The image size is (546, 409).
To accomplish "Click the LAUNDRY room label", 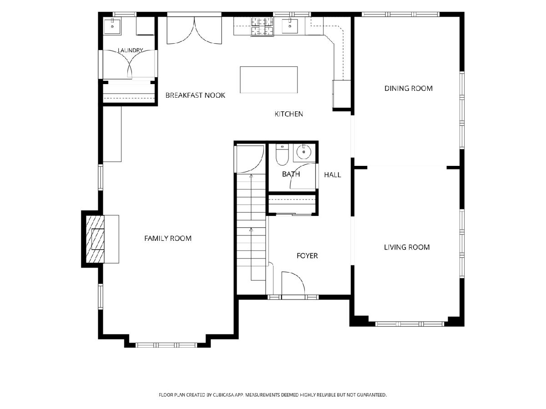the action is tap(130, 50).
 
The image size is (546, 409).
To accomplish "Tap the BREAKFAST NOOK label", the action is tap(195, 95).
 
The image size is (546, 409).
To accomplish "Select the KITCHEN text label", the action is tap(289, 114).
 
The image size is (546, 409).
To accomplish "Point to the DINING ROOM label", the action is tap(409, 89).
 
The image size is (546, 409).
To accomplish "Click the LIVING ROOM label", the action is tap(407, 247).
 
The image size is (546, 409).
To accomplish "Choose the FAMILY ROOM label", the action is tap(168, 239).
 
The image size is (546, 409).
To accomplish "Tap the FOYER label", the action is tap(307, 255).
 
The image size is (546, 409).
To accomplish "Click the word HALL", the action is tap(332, 175).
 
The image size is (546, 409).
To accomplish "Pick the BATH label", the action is tap(291, 174).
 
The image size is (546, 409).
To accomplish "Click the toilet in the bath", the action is tap(282, 155).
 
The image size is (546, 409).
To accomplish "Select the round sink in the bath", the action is tap(304, 151).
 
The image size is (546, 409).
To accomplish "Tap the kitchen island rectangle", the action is tap(268, 80).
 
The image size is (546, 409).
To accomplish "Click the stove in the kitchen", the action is tap(263, 26).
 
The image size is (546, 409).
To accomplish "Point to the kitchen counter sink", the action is tap(290, 25).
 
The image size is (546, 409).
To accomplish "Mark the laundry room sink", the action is tap(112, 26).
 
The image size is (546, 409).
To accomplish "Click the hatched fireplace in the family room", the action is tap(95, 239).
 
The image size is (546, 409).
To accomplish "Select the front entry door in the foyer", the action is tap(293, 283).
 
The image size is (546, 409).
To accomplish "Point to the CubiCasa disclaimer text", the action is tap(273, 395).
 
